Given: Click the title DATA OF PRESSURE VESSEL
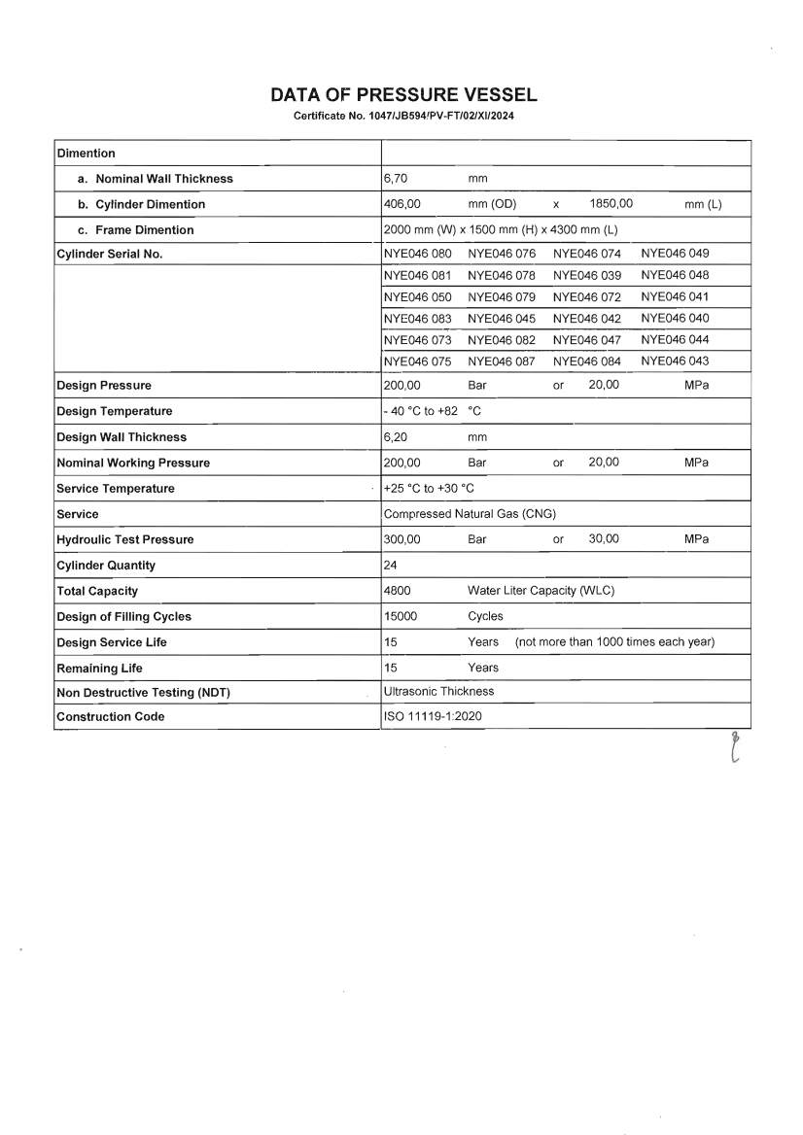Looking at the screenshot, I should coord(403,95).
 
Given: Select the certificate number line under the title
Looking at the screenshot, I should coord(403,117).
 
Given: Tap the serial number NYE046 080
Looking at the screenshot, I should coord(418,255).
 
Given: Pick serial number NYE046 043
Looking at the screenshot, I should coord(675,361).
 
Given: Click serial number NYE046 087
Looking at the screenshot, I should coord(502,361).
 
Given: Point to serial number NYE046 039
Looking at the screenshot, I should coord(587,275).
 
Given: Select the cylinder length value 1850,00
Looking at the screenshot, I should coord(611,204).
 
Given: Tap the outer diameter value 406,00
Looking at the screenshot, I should coord(401,204).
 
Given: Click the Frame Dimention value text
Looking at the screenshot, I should coord(502,230).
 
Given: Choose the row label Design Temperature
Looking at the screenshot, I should coord(115,412).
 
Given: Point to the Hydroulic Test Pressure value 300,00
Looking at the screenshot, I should coord(401,539).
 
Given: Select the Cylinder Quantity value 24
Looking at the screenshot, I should coord(392,566).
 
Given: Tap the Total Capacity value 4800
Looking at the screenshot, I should coord(398,591).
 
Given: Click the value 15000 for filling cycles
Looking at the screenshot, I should coord(401,616).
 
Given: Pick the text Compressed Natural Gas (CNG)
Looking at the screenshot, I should coord(470,514).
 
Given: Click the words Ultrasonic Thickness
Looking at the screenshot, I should coord(439,692).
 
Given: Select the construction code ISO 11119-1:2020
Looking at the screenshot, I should coord(434,717).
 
